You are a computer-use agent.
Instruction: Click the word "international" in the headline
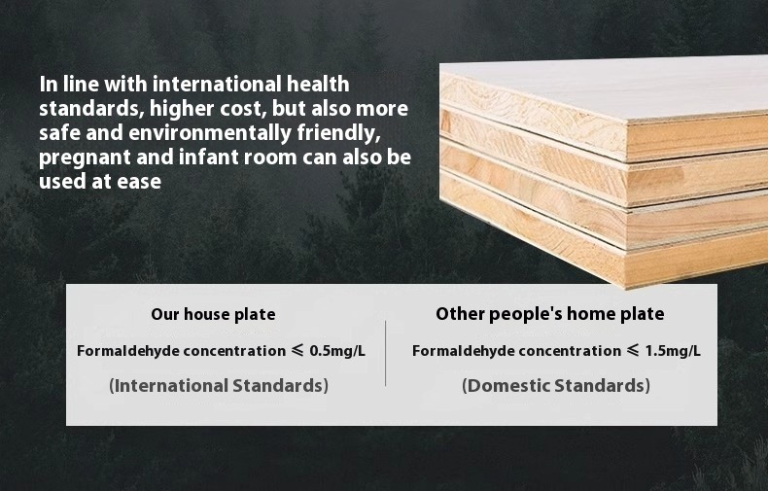coord(217,85)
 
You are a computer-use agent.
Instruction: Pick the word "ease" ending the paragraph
coord(139,182)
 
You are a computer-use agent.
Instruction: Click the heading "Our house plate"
coord(213,314)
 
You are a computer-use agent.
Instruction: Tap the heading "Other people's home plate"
coord(550,314)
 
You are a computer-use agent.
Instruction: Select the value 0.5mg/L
coord(337,351)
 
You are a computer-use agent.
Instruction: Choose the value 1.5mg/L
coord(673,351)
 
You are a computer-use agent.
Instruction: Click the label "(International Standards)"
coord(219,386)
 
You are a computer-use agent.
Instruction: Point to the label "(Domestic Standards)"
coord(556,386)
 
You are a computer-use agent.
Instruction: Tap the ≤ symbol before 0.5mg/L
coord(297,350)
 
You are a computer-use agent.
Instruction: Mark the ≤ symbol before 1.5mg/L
coord(633,350)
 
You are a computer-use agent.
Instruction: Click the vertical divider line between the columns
coord(386,353)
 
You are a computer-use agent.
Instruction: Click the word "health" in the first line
coord(318,85)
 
